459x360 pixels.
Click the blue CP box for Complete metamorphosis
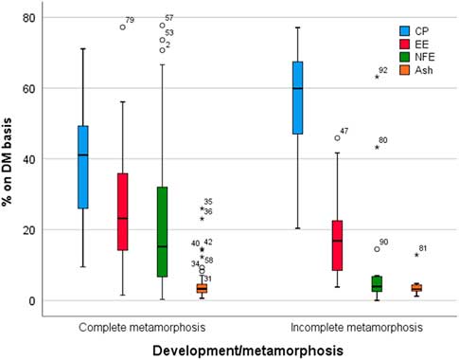(82, 167)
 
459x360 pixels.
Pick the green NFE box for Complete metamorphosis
(163, 231)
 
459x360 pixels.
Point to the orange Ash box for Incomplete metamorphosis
(416, 288)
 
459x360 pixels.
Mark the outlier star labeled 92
(377, 77)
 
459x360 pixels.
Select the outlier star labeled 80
(377, 148)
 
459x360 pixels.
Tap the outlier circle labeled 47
(337, 138)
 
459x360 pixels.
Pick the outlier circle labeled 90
(377, 249)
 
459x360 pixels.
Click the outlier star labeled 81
(416, 256)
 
